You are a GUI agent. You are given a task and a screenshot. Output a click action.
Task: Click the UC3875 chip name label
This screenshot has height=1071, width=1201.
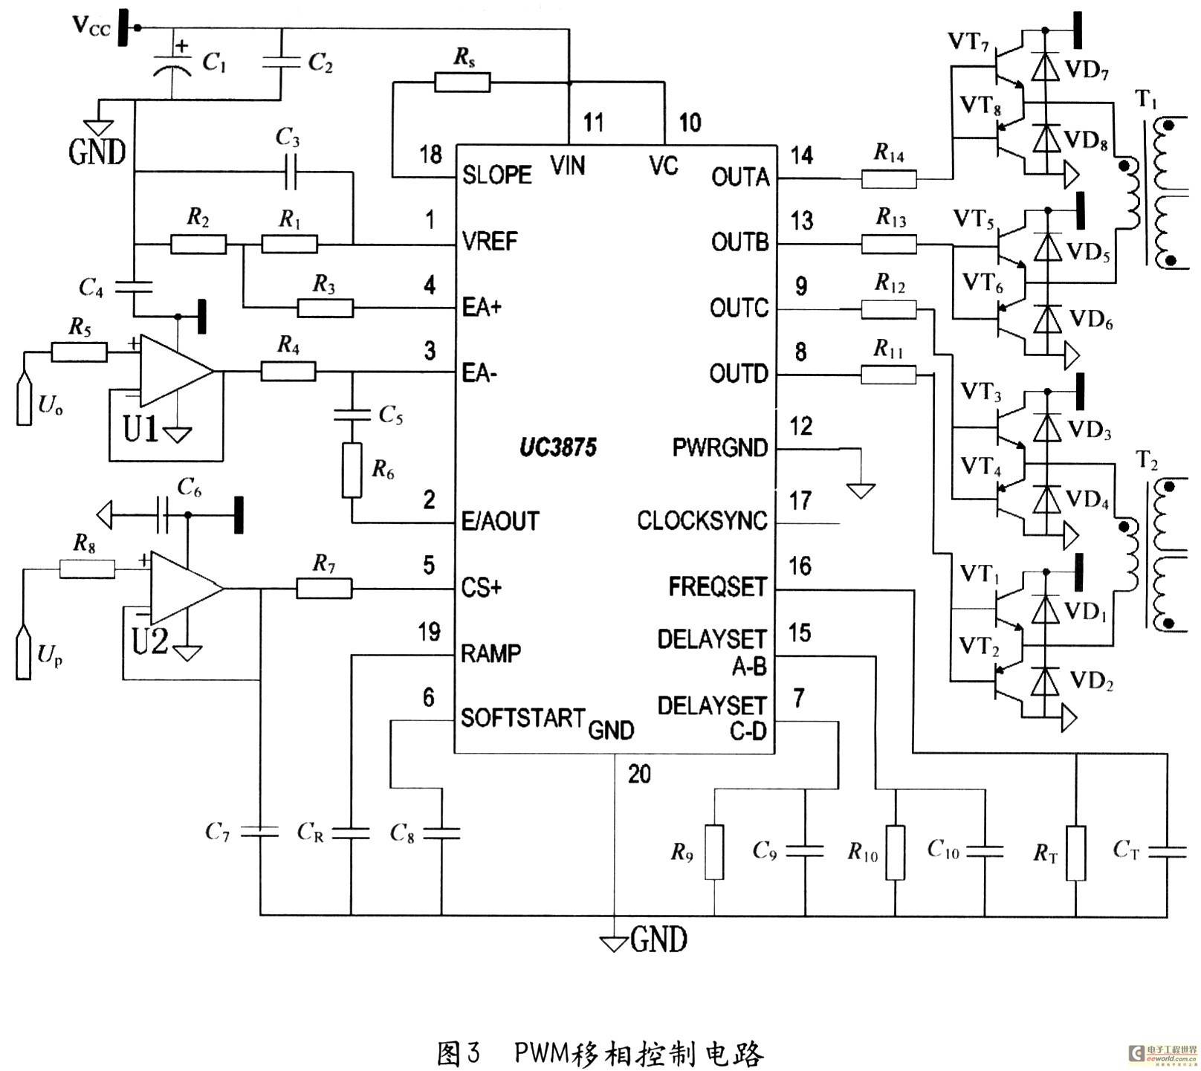[558, 447]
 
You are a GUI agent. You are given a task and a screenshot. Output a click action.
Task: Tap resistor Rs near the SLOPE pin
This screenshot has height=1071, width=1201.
[462, 82]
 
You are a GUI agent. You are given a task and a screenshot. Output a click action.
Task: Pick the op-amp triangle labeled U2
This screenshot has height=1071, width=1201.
[187, 588]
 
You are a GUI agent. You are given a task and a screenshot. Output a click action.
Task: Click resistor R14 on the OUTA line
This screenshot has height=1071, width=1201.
[889, 178]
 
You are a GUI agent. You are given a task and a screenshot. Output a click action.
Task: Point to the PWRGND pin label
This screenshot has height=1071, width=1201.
[719, 447]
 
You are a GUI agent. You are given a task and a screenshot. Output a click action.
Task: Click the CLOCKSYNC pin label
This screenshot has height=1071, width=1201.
[702, 520]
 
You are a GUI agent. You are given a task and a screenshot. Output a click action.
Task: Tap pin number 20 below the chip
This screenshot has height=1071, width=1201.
[639, 774]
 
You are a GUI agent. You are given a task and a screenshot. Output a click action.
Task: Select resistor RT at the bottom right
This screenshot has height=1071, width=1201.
[1075, 852]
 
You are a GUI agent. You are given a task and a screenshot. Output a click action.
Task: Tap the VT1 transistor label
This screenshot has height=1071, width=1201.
[979, 574]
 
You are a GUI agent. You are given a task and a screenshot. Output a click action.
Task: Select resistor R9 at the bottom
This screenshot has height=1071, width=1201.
[713, 852]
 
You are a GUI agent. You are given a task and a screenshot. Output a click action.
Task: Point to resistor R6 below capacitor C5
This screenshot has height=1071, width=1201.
[352, 470]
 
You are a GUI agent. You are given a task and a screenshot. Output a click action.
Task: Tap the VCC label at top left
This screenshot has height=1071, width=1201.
[91, 27]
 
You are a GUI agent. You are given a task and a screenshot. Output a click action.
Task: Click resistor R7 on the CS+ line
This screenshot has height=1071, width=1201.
[324, 589]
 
